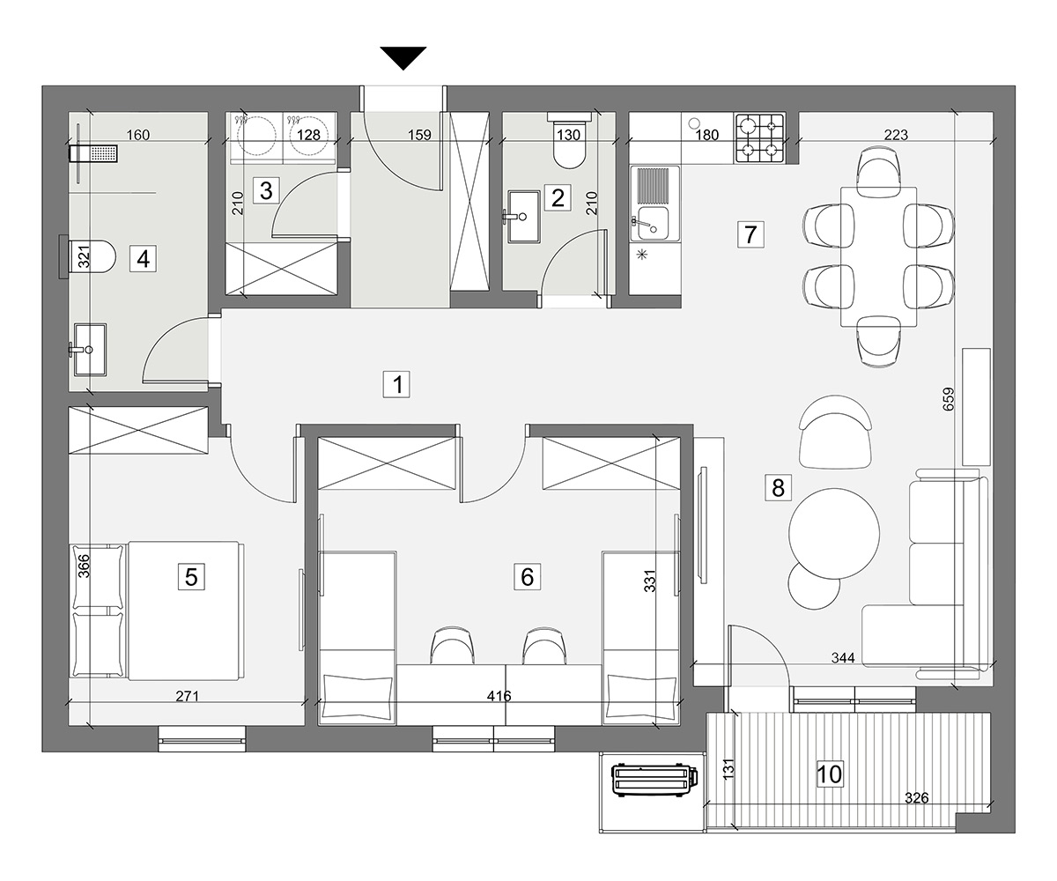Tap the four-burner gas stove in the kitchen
coord(759,138)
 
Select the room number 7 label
coord(750,234)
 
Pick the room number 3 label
coord(266,191)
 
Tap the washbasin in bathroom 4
coord(89,350)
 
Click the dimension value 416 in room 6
coord(499,696)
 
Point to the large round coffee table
coord(834,533)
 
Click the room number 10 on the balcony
coord(830,774)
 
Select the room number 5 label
coord(191,577)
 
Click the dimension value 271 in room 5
coord(187,697)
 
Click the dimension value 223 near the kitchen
coord(896,135)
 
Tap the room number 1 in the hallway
coord(397,384)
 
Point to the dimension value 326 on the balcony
coord(916,798)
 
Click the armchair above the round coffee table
coord(835,432)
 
